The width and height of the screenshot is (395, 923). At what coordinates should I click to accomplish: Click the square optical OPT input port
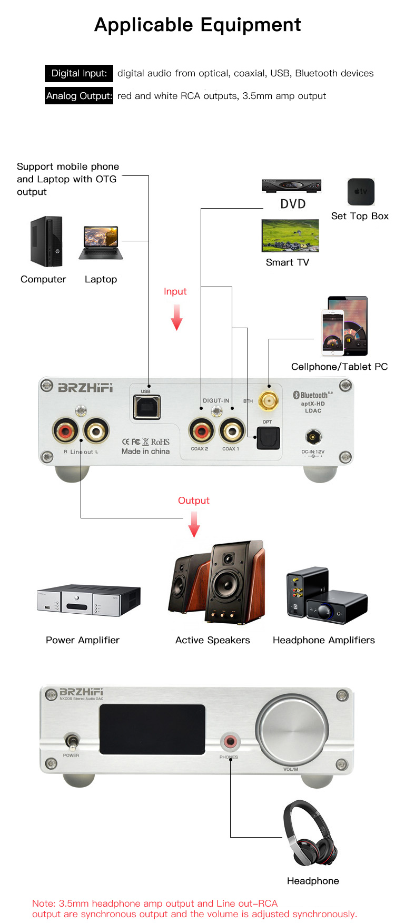[x=268, y=438]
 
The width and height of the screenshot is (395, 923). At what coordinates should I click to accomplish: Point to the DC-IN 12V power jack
[x=313, y=437]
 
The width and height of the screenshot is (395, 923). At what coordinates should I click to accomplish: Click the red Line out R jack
[x=65, y=431]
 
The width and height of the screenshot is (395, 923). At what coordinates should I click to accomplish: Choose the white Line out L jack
[x=96, y=431]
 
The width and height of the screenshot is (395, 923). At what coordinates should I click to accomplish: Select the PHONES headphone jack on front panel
[x=230, y=742]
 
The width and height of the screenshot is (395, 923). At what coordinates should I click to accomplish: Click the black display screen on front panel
[x=152, y=729]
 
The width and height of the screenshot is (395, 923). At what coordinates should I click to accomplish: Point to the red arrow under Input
[x=176, y=318]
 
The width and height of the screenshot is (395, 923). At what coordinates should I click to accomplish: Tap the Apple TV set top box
[x=361, y=192]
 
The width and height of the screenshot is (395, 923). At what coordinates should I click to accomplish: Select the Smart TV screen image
[x=290, y=235]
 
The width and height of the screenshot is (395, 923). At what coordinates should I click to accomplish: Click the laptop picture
[x=101, y=243]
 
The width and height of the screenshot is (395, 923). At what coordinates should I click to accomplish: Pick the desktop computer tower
[x=46, y=241]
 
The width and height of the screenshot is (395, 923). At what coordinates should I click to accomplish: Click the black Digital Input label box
[x=79, y=73]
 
